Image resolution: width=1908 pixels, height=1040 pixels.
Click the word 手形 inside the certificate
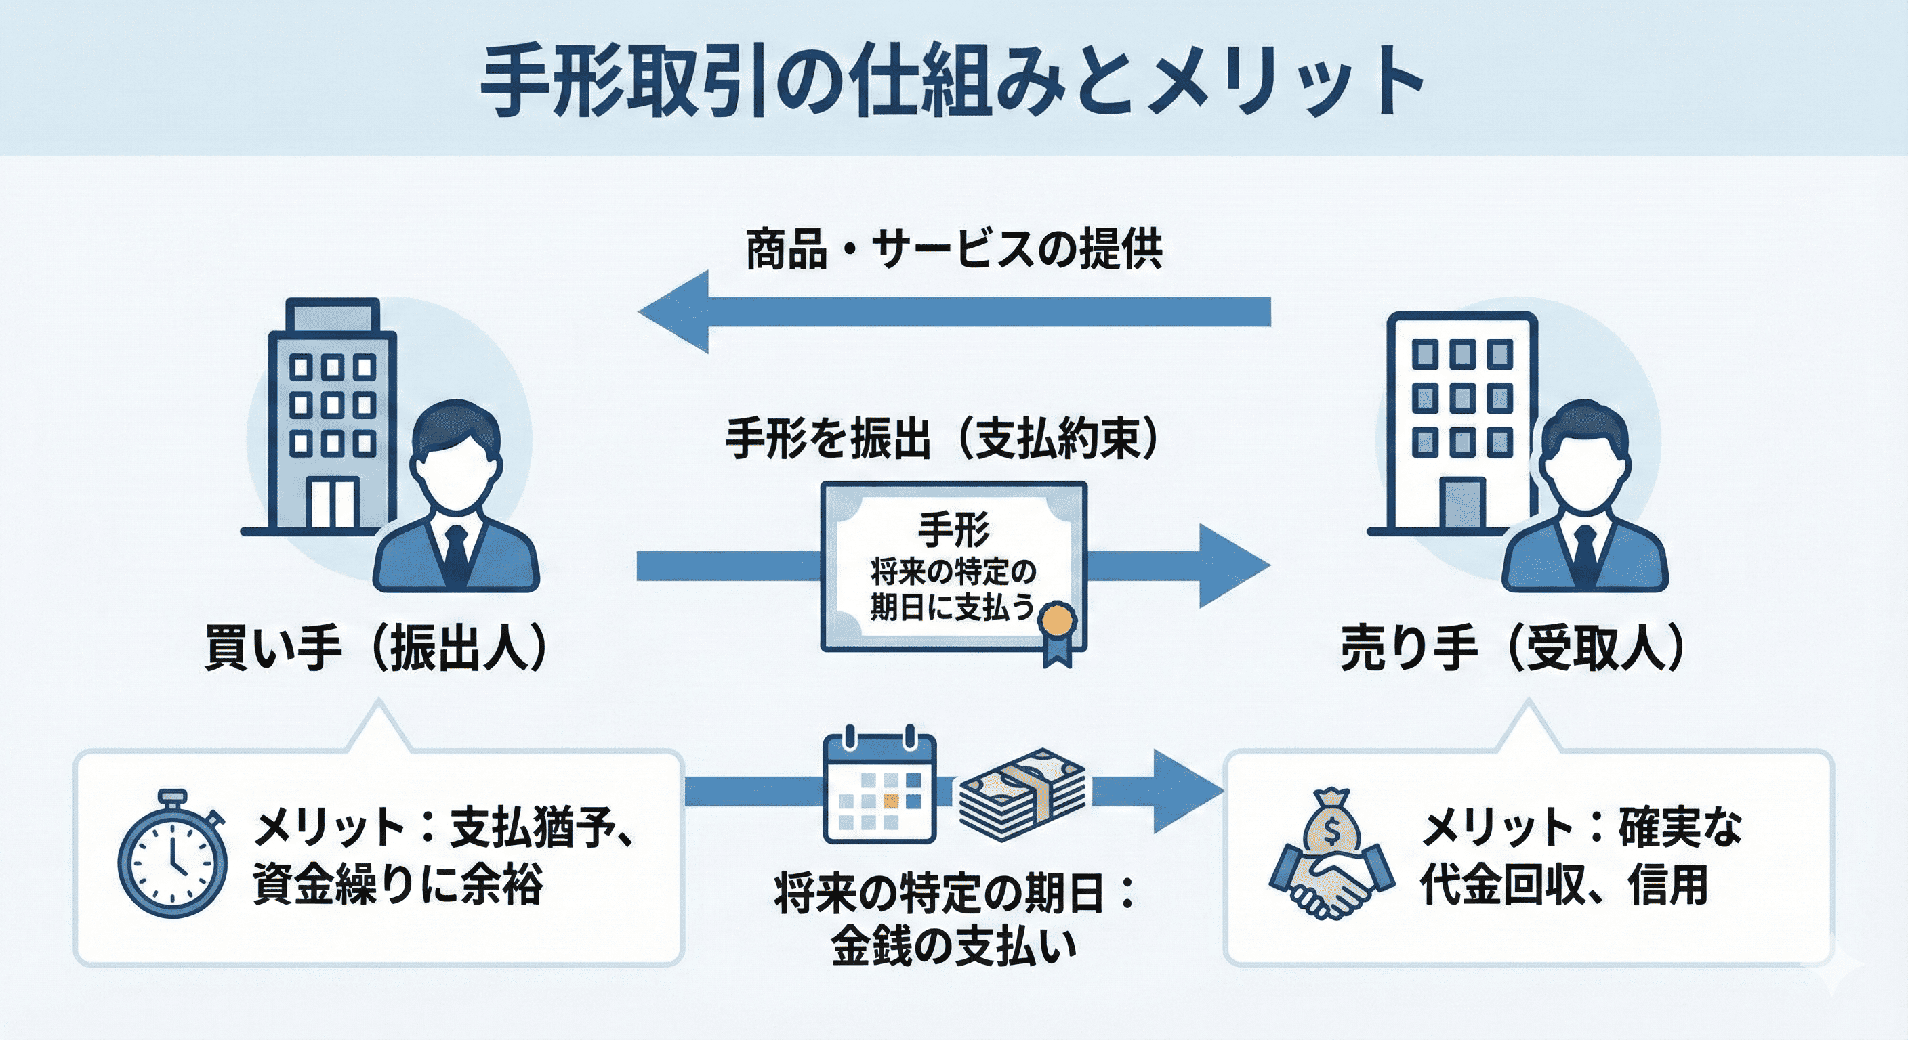[954, 529]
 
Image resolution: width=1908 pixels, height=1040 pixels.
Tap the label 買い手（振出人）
[375, 649]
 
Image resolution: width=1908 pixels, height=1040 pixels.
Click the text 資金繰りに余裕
[398, 884]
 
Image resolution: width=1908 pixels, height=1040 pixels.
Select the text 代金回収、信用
[1564, 884]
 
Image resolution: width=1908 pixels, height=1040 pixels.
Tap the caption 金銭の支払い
[953, 945]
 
